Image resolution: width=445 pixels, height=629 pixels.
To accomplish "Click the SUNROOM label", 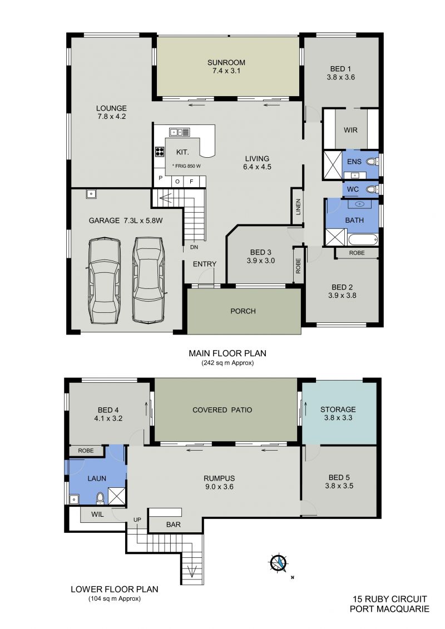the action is pos(226,63).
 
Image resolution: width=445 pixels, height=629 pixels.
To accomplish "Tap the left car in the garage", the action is pos(105,281).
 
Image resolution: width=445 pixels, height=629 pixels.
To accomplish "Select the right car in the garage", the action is pos(148,279).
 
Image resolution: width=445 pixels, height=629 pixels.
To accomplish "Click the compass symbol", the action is pos(278,562).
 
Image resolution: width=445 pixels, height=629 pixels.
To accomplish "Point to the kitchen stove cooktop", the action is pos(160,151).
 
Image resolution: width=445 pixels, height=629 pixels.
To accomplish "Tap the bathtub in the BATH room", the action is pos(363,239).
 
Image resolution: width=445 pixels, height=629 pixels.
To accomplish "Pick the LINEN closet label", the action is pos(298,207).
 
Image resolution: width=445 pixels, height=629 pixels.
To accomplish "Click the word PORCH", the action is pos(243,311).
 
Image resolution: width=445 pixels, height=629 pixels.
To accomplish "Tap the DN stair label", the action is pos(194,247).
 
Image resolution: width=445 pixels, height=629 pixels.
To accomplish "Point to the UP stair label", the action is pos(137,520).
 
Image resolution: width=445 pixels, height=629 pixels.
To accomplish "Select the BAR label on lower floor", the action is pos(174,525).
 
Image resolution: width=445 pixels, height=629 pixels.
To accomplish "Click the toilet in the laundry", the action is pos(100,498).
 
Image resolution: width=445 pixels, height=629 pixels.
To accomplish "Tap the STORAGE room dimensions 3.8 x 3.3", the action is pos(338,418).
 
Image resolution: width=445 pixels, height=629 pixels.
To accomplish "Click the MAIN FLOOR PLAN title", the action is pos(228,353).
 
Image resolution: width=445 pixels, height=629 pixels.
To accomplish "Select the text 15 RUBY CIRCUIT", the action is pos(389,600).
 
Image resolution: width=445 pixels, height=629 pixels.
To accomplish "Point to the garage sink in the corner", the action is pos(91,194).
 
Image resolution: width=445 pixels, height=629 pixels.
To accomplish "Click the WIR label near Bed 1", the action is pos(350,130).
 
